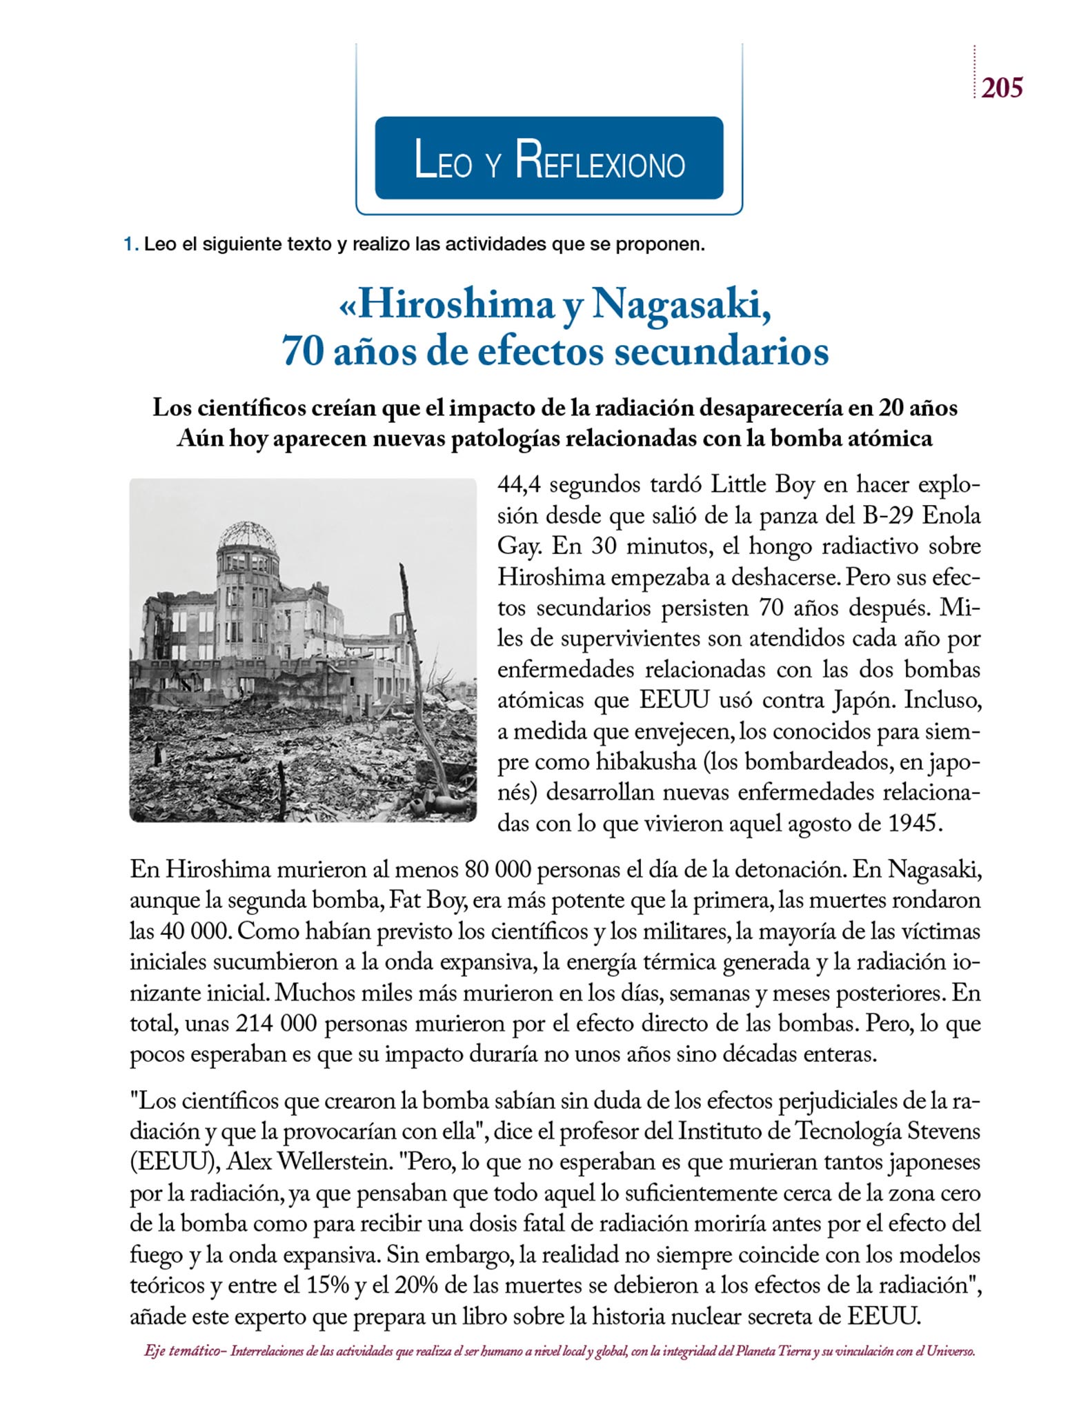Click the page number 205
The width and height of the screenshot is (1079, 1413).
pyautogui.click(x=1002, y=88)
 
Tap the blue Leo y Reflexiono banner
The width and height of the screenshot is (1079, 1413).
pyautogui.click(x=548, y=158)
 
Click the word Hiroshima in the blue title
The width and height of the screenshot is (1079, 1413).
pyautogui.click(x=456, y=304)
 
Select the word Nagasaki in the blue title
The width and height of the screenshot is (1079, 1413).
pyautogui.click(x=680, y=304)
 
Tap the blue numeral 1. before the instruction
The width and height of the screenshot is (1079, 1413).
pyautogui.click(x=130, y=244)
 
